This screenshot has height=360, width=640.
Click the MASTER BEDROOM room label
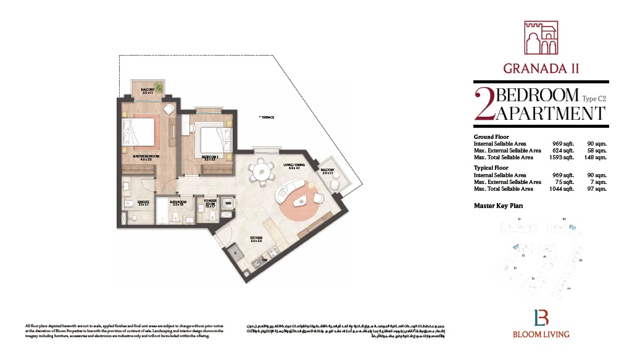coord(146,157)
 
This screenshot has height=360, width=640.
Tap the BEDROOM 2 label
coord(210,157)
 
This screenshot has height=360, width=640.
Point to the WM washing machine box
coord(228,203)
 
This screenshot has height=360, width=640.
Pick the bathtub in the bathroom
coord(162,213)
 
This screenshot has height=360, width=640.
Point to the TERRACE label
coord(267,117)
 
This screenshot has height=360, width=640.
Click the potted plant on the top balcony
coord(159,86)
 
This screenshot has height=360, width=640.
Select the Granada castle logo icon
coord(540,38)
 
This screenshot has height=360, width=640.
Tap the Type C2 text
coord(594,98)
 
